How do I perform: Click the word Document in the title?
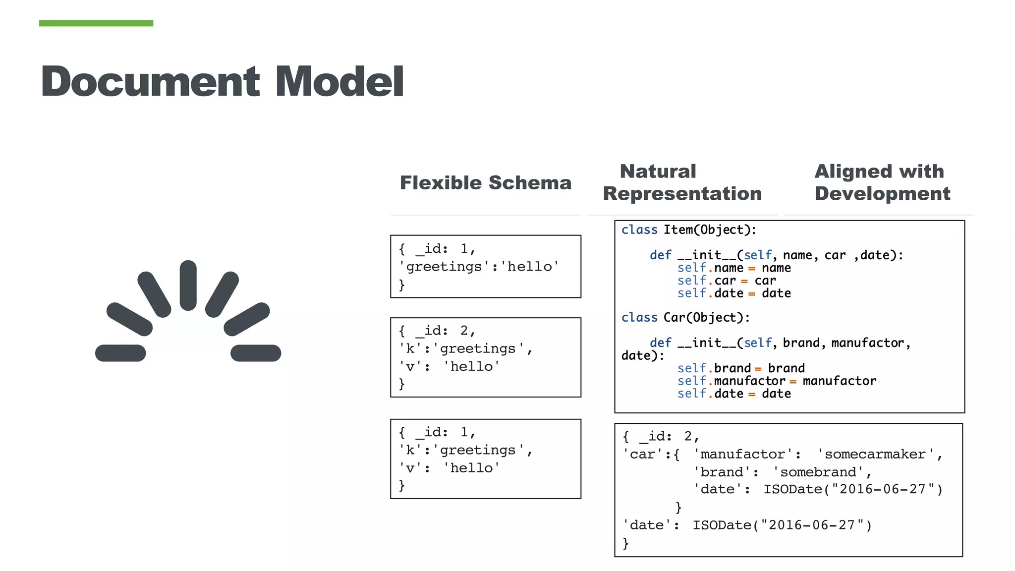150,82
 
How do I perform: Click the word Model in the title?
339,82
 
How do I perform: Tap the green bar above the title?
96,23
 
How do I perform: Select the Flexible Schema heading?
485,183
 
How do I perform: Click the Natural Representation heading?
682,182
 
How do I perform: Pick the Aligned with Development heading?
882,182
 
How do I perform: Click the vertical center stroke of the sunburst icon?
188,285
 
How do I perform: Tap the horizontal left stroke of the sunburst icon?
120,353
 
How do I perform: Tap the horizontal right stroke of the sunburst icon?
256,353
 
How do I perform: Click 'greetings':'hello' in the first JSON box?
479,267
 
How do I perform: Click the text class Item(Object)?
688,230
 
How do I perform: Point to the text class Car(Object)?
685,318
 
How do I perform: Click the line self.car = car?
726,281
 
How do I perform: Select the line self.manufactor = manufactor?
776,381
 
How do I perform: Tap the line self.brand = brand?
740,368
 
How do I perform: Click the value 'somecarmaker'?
875,455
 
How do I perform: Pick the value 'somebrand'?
818,472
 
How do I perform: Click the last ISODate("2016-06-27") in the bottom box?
782,525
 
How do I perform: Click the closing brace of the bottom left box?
402,485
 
